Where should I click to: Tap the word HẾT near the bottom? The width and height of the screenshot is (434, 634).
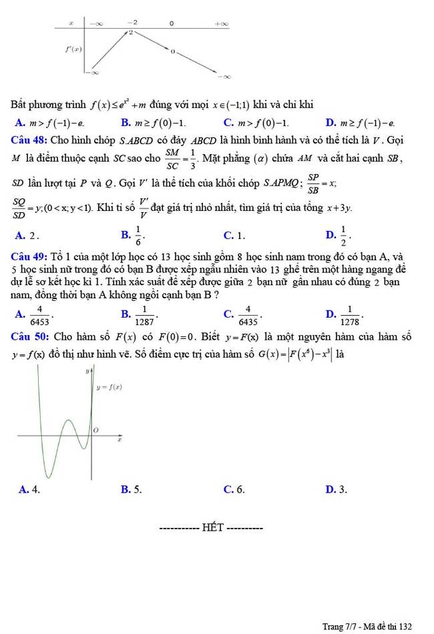tap(212, 529)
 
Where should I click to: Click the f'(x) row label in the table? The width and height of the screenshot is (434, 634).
tap(73, 49)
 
